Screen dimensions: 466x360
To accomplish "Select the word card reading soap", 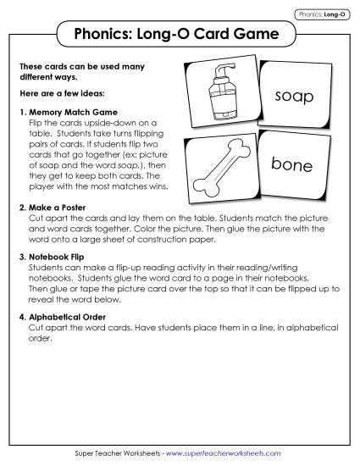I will pos(294,98).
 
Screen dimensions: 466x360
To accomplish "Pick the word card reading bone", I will pos(292,165).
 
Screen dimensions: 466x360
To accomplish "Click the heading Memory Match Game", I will pos(75,112).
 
